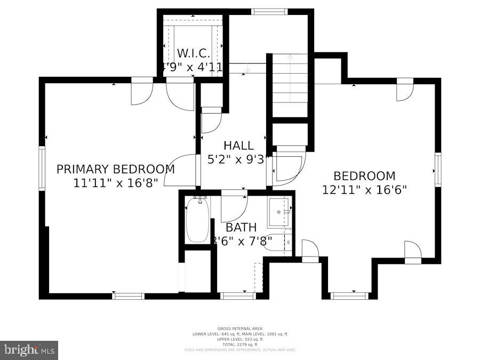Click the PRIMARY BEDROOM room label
[115, 169]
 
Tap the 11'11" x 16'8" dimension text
[115, 182]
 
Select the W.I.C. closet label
[193, 54]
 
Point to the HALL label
[238, 146]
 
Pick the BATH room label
[241, 228]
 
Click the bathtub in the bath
[197, 220]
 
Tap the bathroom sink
[278, 212]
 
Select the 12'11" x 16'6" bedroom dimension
[364, 189]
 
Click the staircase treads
[290, 85]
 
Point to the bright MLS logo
[29, 350]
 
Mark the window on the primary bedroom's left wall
[42, 169]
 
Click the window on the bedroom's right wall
[438, 169]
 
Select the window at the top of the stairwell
[269, 11]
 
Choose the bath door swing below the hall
[234, 207]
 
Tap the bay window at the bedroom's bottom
[349, 295]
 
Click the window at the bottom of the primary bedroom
[129, 296]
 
